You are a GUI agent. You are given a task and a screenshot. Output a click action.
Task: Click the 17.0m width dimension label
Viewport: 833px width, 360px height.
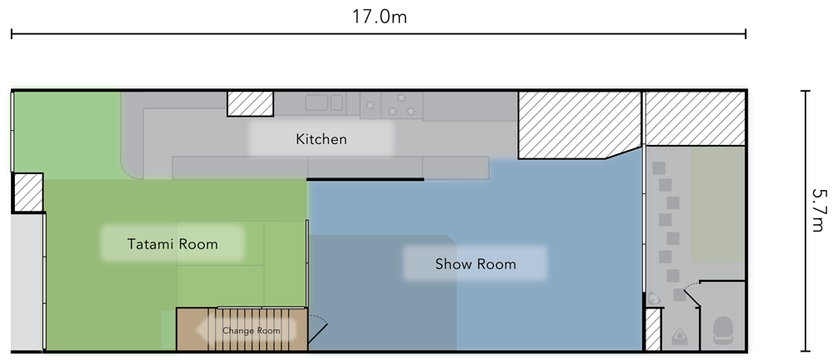click(379, 17)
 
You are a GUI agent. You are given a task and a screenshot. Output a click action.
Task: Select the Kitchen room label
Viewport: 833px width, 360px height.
click(321, 139)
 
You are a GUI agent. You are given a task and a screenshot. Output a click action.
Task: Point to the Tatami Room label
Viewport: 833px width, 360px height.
click(172, 244)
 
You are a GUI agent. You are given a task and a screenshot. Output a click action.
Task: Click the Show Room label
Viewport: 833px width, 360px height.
click(476, 264)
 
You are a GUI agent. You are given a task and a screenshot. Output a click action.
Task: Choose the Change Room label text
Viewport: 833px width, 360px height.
click(251, 331)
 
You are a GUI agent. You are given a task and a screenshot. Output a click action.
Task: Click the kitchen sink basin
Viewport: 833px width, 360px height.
click(316, 102)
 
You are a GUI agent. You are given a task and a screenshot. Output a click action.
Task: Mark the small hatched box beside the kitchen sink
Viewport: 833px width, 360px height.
click(250, 103)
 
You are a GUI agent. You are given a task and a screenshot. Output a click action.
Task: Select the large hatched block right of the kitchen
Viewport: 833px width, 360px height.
click(579, 125)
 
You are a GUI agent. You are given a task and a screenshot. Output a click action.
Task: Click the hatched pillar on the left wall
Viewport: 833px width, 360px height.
click(27, 192)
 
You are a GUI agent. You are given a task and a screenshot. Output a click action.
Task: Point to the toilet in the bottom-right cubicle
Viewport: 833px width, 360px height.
click(722, 330)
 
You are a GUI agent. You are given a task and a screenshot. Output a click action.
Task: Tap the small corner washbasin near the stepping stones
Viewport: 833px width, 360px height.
click(654, 299)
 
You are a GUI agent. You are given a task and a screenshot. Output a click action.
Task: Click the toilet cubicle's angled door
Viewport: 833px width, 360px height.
click(692, 295)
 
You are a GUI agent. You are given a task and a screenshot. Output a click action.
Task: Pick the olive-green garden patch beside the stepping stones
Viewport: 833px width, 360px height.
click(718, 205)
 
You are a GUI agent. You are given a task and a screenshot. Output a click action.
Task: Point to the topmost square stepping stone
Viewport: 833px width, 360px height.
click(659, 168)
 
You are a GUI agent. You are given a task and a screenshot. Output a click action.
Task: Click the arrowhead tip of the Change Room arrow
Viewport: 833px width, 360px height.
click(197, 331)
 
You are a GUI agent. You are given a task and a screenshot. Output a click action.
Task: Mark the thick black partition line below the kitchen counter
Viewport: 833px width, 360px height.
click(365, 180)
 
